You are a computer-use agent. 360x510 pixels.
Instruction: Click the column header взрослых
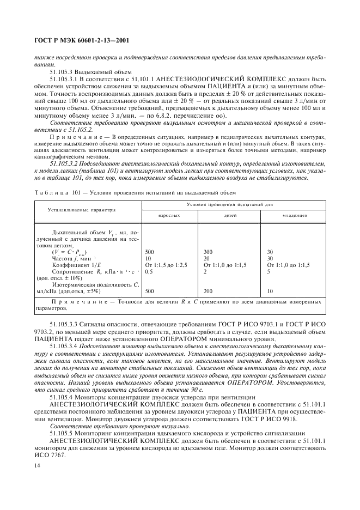pyautogui.click(x=169, y=216)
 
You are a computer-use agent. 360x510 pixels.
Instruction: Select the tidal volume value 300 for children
pyautogui.click(x=208, y=252)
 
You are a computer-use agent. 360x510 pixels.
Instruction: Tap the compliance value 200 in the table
pyautogui.click(x=208, y=292)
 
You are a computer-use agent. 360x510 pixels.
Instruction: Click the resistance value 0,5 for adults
pyautogui.click(x=150, y=271)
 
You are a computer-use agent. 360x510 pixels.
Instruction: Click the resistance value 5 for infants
pyautogui.click(x=269, y=271)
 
